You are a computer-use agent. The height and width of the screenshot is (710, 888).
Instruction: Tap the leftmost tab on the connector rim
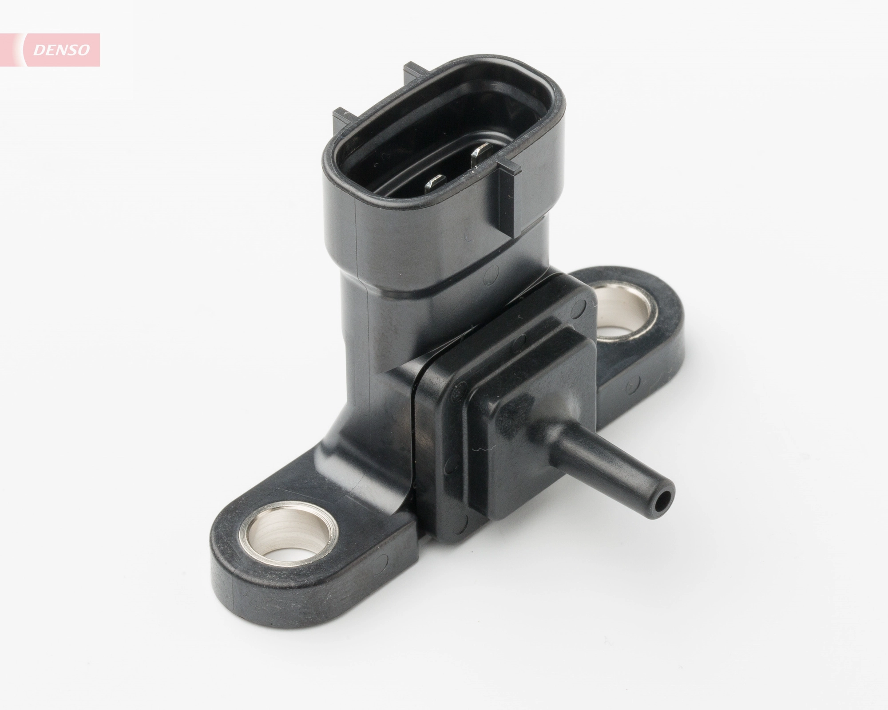tap(344, 117)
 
